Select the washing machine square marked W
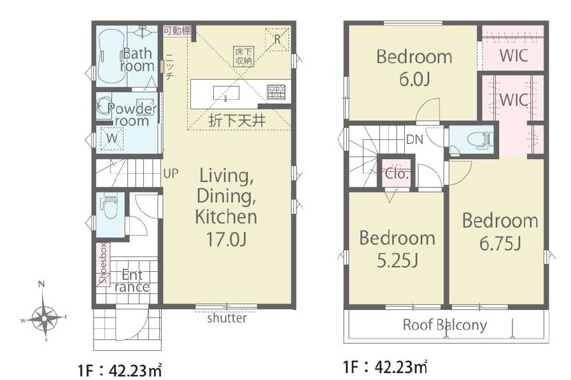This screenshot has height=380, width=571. point(112,138)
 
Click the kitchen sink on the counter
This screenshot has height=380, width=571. point(226,93)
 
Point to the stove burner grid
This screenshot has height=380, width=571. point(276,92)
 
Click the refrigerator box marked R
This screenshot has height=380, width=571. point(277,39)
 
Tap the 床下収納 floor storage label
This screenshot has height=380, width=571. point(244,57)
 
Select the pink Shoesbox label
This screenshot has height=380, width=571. point(104,264)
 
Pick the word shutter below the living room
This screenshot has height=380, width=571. point(227,318)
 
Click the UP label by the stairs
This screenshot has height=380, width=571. point(171,173)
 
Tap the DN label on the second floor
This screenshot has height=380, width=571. point(414,139)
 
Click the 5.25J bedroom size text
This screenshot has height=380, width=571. point(397,260)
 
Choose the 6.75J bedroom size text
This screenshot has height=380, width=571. point(500,243)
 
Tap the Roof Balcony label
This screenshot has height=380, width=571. point(444,325)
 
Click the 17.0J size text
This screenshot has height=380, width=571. point(227,239)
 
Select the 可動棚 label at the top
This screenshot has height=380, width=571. point(177,31)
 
